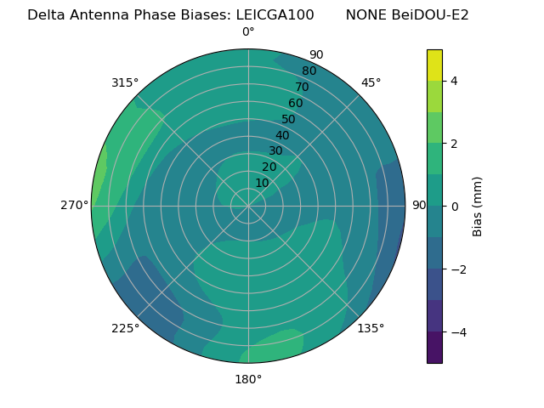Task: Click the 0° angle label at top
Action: (248, 32)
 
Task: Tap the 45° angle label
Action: (371, 82)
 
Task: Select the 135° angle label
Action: (371, 328)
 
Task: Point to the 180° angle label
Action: (248, 379)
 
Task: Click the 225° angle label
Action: (125, 328)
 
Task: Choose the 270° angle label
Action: (75, 206)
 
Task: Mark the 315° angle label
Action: (125, 82)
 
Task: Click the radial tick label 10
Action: (262, 183)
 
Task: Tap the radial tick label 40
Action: (282, 136)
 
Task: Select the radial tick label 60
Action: (296, 104)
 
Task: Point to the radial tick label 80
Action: (309, 71)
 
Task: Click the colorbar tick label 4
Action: (454, 81)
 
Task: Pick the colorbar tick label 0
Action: (454, 207)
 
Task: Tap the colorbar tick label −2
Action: (456, 269)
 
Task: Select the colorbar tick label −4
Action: (456, 332)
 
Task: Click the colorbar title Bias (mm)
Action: (478, 206)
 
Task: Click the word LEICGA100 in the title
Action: (273, 14)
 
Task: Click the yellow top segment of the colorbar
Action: (434, 65)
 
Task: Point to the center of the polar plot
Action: (248, 206)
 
